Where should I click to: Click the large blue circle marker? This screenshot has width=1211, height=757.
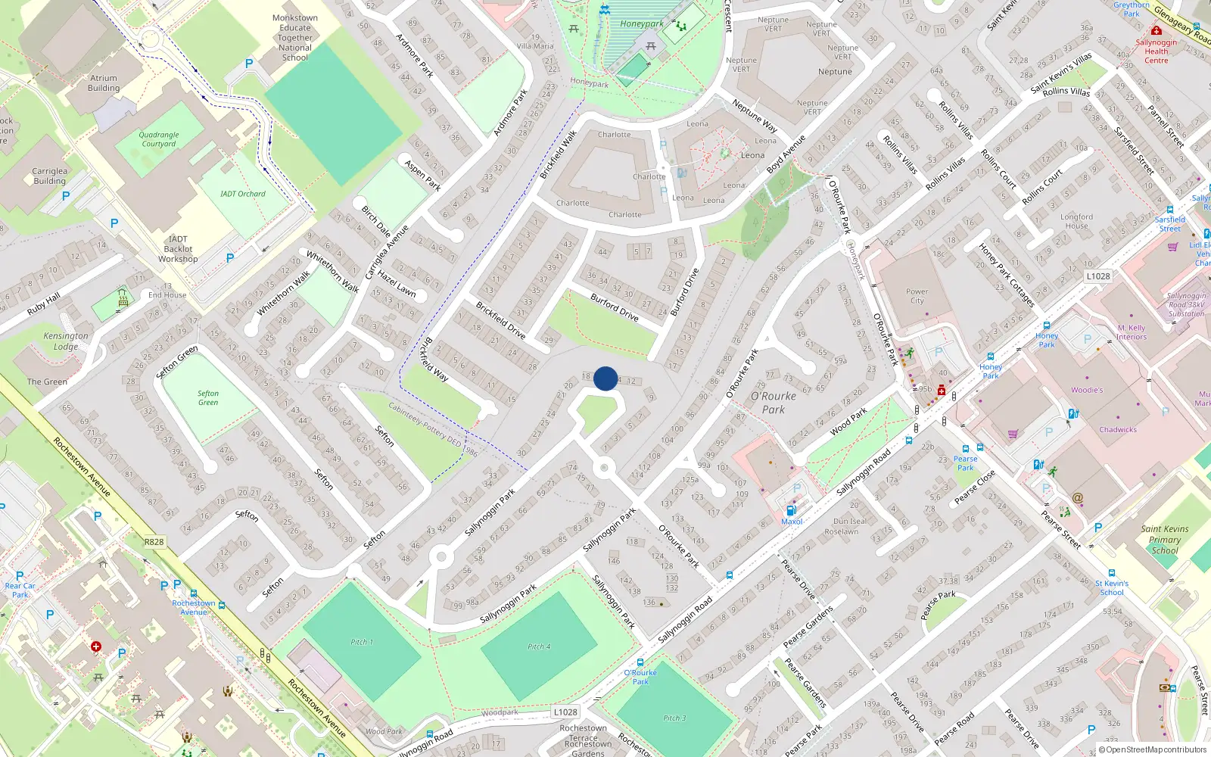605,378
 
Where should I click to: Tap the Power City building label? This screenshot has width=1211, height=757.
917,296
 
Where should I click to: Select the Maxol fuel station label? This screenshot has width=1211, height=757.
792,521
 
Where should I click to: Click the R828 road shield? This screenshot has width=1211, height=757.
154,541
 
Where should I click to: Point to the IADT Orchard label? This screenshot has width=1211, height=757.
242,194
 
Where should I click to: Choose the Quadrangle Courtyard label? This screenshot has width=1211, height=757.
159,139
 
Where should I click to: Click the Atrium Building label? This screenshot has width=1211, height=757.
104,83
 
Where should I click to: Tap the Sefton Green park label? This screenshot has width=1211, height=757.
208,397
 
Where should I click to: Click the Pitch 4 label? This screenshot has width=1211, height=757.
539,646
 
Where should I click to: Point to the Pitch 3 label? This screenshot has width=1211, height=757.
674,718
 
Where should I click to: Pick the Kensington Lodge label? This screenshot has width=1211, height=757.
66,341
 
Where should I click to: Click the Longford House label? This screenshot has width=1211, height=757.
1076,221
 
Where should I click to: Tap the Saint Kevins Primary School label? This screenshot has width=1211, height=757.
1165,540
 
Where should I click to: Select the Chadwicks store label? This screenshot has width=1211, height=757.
1118,429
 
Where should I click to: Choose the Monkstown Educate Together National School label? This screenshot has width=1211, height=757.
295,38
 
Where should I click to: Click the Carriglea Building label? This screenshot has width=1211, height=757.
50,176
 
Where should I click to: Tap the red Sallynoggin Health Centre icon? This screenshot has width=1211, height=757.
1156,31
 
